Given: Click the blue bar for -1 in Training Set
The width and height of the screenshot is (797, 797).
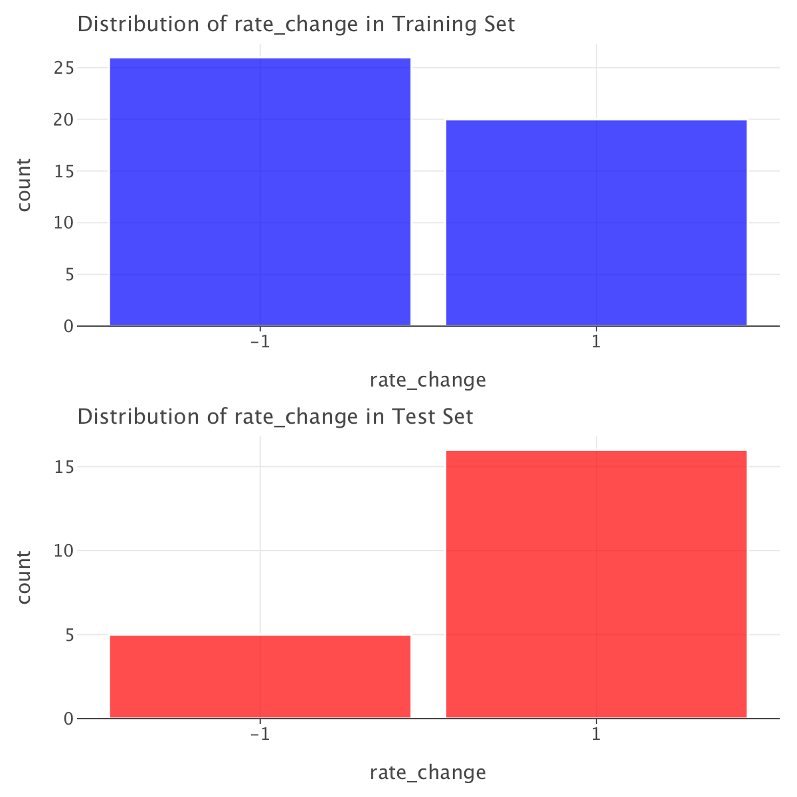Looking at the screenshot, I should pyautogui.click(x=260, y=192).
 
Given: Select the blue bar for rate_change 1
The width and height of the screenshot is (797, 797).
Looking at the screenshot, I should pyautogui.click(x=596, y=222).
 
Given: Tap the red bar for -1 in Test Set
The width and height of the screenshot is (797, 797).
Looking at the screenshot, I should pyautogui.click(x=260, y=677).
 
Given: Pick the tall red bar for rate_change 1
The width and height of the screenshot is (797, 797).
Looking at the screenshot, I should pyautogui.click(x=596, y=584).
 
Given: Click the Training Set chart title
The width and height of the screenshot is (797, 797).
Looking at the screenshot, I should pyautogui.click(x=296, y=25).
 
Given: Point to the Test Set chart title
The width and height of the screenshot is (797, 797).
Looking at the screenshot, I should pyautogui.click(x=276, y=417).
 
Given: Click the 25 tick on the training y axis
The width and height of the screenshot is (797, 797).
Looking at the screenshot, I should pyautogui.click(x=64, y=68).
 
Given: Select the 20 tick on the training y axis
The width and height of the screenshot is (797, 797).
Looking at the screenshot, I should pyautogui.click(x=64, y=120).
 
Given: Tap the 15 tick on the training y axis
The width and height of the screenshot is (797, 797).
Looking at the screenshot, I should pyautogui.click(x=64, y=171).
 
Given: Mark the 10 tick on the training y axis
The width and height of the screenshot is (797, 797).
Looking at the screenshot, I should pyautogui.click(x=64, y=222).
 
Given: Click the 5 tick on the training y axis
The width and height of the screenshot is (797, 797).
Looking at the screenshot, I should pyautogui.click(x=68, y=274).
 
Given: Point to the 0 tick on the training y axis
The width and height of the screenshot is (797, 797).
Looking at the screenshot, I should pyautogui.click(x=68, y=326).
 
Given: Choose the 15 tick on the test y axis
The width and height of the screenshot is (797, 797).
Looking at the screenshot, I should pyautogui.click(x=64, y=467).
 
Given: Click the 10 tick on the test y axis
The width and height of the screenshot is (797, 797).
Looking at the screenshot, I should pyautogui.click(x=64, y=551).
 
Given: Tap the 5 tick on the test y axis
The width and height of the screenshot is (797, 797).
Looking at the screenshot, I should pyautogui.click(x=68, y=635).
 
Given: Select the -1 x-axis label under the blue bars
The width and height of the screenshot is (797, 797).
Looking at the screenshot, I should pyautogui.click(x=259, y=343).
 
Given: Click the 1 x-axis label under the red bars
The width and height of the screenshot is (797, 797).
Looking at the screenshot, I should pyautogui.click(x=596, y=735).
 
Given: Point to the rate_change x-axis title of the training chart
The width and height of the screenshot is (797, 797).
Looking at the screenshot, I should pyautogui.click(x=428, y=381).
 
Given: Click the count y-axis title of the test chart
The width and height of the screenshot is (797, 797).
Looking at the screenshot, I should pyautogui.click(x=25, y=577).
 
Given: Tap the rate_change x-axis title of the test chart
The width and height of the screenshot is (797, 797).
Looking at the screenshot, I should pyautogui.click(x=428, y=773).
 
